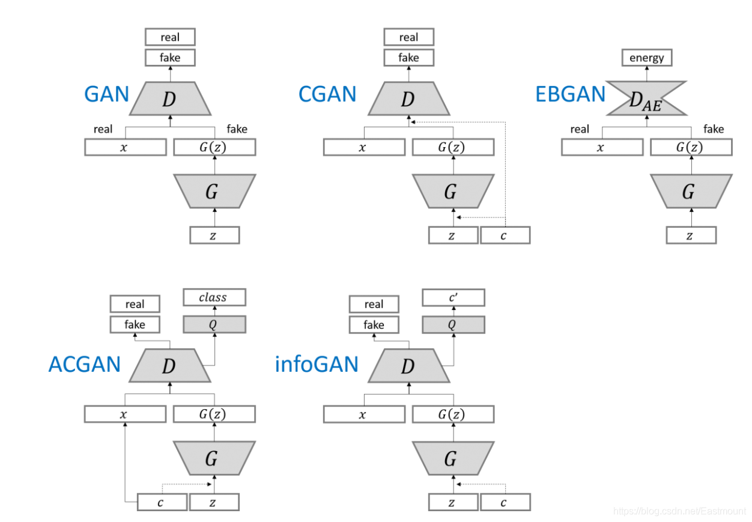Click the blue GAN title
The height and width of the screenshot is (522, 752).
[x=106, y=94]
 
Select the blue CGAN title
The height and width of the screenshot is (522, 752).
[x=327, y=94]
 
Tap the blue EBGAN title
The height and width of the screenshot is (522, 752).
[x=571, y=94]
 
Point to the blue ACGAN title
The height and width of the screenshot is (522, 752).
[x=85, y=364]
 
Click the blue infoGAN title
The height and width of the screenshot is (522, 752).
[x=317, y=364]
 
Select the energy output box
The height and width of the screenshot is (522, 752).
[x=647, y=58]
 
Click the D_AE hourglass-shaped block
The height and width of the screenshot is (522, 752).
[x=646, y=99]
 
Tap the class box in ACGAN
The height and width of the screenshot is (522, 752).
[x=214, y=297]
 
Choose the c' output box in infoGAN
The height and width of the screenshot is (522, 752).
[x=453, y=297]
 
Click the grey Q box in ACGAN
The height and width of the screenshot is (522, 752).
[x=214, y=324]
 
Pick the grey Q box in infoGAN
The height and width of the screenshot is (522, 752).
[x=453, y=324]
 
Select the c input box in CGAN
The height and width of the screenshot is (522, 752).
[x=505, y=235]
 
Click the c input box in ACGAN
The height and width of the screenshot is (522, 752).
[x=162, y=502]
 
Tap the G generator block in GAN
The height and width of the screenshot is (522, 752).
[x=214, y=191]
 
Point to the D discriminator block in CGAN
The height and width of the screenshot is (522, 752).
[x=409, y=99]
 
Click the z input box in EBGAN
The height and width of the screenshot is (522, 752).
[x=691, y=235]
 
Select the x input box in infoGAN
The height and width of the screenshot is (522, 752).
[x=364, y=414]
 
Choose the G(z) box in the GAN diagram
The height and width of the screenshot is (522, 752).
[x=214, y=147]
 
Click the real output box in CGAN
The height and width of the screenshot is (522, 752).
[x=409, y=37]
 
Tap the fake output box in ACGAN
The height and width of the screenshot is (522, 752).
[x=135, y=324]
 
